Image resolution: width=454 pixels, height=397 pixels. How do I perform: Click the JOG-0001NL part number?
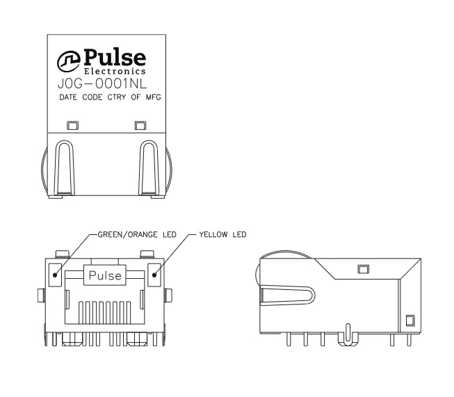[x=102, y=84]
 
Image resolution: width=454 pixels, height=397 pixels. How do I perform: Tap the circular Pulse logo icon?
[x=69, y=61]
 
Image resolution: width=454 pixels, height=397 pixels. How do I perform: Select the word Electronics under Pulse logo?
[x=115, y=71]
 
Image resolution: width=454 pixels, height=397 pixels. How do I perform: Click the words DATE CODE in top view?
[x=81, y=97]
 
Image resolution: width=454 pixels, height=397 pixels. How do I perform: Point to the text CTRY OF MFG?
[x=134, y=97]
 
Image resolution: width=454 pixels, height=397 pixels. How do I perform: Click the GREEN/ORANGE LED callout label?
[x=137, y=234]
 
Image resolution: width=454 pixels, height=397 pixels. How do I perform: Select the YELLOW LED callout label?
[x=222, y=234]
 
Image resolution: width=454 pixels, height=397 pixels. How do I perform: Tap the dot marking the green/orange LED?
[x=55, y=275]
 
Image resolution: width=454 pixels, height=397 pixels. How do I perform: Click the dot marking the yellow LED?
[x=154, y=275]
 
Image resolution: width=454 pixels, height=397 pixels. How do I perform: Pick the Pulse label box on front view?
[x=105, y=275]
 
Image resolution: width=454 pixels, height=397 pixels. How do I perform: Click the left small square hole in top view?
[x=72, y=125]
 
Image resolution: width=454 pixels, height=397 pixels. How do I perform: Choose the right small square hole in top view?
[x=140, y=125]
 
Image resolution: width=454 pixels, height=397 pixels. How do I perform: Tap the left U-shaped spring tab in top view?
[x=64, y=168]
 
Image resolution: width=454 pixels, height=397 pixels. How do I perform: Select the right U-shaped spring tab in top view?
[x=149, y=168]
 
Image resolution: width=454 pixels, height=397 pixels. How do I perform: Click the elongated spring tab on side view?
[x=288, y=295]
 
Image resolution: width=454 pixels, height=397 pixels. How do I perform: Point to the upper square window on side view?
[x=364, y=269]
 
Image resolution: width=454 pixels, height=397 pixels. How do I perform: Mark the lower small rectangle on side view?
[x=410, y=321]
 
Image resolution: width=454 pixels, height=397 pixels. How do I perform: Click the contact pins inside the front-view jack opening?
[x=105, y=312]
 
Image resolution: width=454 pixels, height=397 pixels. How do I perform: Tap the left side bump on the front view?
[x=42, y=295]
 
